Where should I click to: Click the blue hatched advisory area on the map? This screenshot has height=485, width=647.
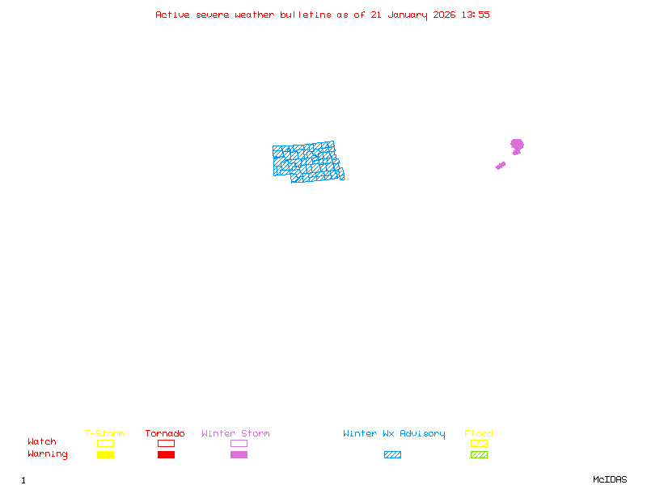pyautogui.click(x=307, y=161)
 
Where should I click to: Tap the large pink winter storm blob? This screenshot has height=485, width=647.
pyautogui.click(x=517, y=145)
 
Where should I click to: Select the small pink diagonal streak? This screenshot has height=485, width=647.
pyautogui.click(x=501, y=166)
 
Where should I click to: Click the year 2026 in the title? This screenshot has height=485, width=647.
pyautogui.click(x=444, y=15)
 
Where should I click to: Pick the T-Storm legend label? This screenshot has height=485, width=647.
pyautogui.click(x=104, y=434)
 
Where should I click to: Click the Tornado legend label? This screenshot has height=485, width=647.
pyautogui.click(x=165, y=434)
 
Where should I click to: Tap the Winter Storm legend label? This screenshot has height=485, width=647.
pyautogui.click(x=235, y=434)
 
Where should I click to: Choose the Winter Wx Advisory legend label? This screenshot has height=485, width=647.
pyautogui.click(x=394, y=434)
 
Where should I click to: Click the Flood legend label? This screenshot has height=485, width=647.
pyautogui.click(x=479, y=434)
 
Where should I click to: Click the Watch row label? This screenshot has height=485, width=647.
pyautogui.click(x=42, y=442)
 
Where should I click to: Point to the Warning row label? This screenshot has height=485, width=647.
pyautogui.click(x=48, y=454)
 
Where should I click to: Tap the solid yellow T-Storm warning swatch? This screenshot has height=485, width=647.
pyautogui.click(x=105, y=455)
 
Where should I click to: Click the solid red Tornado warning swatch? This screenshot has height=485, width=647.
pyautogui.click(x=166, y=455)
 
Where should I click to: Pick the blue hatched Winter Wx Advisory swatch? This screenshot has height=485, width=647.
pyautogui.click(x=392, y=455)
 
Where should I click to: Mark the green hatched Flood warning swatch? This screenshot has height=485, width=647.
pyautogui.click(x=479, y=455)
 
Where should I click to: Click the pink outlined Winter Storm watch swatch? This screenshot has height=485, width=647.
pyautogui.click(x=239, y=443)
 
